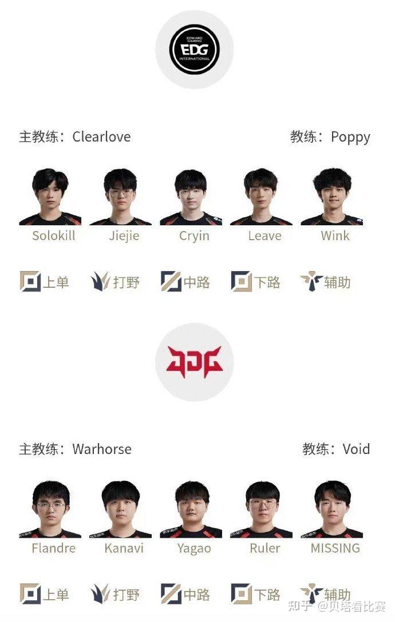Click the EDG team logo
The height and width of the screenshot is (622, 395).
click(x=195, y=50)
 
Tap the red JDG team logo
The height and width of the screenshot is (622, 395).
click(x=195, y=362)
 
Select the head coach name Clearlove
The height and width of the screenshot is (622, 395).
click(x=101, y=137)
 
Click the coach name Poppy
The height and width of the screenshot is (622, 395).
click(x=350, y=138)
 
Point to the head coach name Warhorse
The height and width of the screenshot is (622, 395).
click(x=102, y=449)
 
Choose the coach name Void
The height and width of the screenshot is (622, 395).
click(x=356, y=449)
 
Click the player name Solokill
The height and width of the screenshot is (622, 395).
click(x=54, y=236)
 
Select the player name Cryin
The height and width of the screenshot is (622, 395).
click(x=194, y=236)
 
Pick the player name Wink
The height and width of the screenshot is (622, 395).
click(x=335, y=236)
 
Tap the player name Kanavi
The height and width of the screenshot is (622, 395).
click(x=124, y=548)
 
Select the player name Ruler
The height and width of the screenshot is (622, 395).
click(x=265, y=548)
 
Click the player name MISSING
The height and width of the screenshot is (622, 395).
click(x=335, y=548)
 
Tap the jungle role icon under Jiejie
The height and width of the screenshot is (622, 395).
click(x=100, y=282)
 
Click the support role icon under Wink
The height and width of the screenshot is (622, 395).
click(x=311, y=282)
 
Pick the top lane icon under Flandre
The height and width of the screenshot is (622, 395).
click(x=30, y=594)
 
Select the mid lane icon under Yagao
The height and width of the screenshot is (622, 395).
click(x=171, y=594)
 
